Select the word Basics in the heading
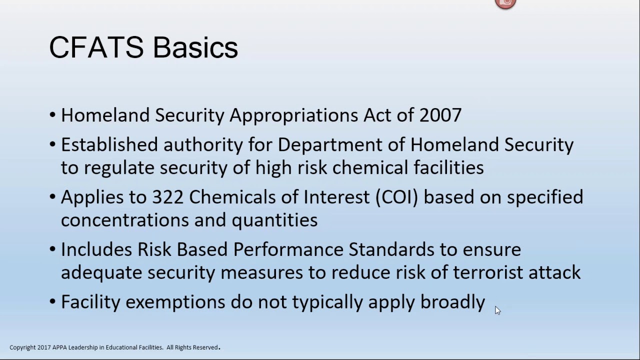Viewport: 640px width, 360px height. click(x=195, y=48)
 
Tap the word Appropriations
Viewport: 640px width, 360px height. click(x=294, y=115)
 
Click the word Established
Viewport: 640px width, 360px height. click(x=109, y=145)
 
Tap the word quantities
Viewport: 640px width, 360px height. click(x=274, y=220)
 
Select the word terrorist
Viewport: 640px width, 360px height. click(x=488, y=272)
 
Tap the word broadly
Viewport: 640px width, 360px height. click(x=452, y=302)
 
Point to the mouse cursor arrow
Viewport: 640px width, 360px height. click(x=497, y=310)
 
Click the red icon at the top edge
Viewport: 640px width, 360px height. click(x=505, y=3)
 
